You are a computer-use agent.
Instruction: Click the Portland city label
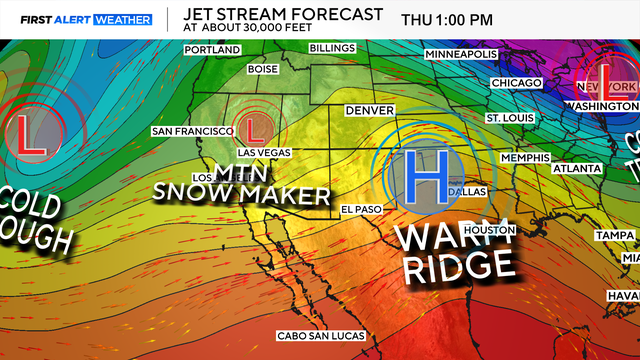[212, 49]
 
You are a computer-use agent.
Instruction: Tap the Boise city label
[262, 69]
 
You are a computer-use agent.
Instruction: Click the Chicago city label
[515, 83]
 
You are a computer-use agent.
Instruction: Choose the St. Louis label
[506, 118]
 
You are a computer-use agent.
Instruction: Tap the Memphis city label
[526, 158]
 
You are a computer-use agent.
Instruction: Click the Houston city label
[489, 230]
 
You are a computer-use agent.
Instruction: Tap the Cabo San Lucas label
[321, 335]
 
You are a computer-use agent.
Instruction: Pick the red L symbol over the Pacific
[29, 133]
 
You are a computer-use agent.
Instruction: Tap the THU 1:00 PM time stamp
[446, 20]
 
